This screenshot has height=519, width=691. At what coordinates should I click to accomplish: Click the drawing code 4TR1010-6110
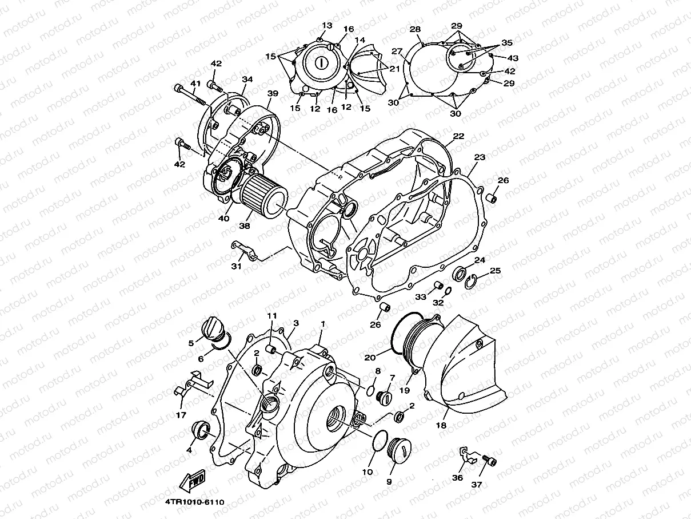[x=194, y=502]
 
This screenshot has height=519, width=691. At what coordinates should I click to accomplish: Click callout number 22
[x=458, y=136]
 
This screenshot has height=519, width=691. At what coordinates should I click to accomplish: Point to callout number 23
[x=479, y=157]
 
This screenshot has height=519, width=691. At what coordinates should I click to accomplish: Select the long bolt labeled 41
[x=191, y=94]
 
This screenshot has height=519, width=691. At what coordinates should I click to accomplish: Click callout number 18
[x=441, y=426]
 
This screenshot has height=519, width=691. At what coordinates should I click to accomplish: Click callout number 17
[x=181, y=414]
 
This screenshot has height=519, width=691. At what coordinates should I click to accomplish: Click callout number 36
[x=457, y=477]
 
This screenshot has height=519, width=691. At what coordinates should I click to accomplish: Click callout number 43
[x=513, y=58]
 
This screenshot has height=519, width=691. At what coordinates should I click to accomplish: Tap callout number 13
[x=326, y=26]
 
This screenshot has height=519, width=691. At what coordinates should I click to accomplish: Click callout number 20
[x=369, y=357]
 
